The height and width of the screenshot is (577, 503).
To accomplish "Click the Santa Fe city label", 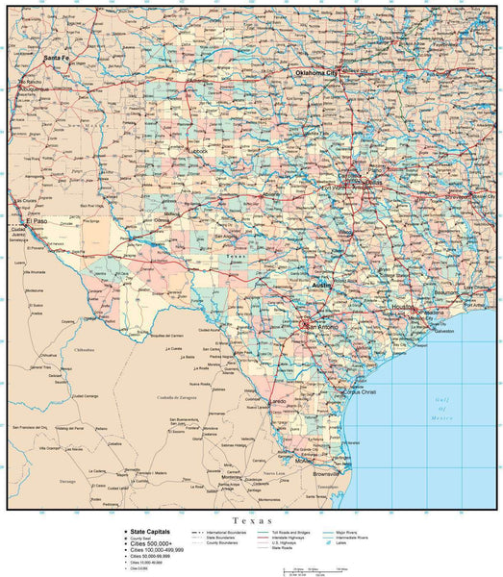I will click(57, 58).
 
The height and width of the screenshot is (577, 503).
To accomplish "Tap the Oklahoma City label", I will click(316, 73).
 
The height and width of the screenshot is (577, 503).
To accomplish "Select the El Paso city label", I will click(37, 221).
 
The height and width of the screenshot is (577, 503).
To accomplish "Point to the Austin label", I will click(321, 286).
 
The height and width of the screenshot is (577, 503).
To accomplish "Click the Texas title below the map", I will click(252, 517).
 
